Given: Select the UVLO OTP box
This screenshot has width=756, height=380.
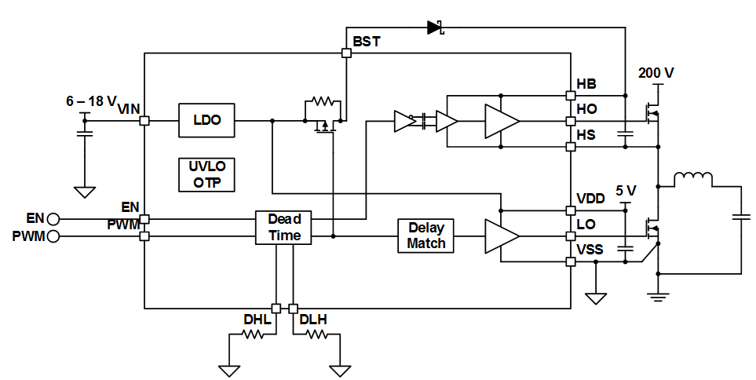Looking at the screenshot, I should pos(206,174).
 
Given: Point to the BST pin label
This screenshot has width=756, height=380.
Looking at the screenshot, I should pos(367,41).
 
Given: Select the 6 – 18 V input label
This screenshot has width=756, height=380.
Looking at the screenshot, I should pos(91,101).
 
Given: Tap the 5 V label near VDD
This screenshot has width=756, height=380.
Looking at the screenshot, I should pos(626,191).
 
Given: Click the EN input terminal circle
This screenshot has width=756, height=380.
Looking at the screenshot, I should pos(53,219).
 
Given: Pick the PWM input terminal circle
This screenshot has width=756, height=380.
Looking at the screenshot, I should pos(53,236).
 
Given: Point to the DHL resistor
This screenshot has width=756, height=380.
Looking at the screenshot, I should pos(252,334).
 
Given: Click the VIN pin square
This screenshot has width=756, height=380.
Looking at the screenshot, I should pos(144,121).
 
